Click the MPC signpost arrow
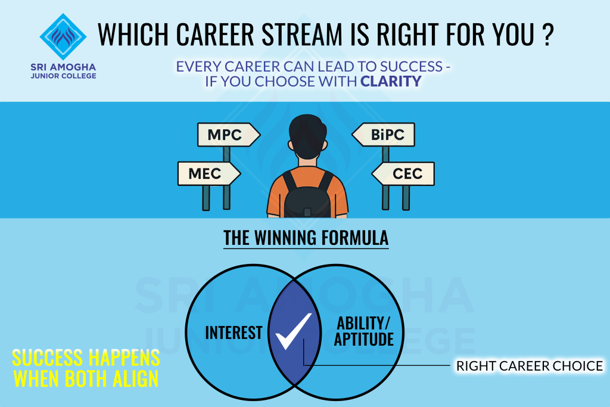click(x=229, y=135)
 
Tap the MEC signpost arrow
click(x=209, y=173)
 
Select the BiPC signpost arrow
click(x=383, y=135)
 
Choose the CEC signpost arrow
click(x=403, y=173)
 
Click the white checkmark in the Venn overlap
click(x=293, y=331)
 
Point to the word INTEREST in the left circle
click(x=234, y=333)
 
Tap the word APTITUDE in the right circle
click(x=364, y=339)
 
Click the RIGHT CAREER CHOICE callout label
click(x=530, y=366)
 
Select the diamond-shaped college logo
click(x=63, y=36)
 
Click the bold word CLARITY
click(x=391, y=81)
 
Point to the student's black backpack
click(x=307, y=194)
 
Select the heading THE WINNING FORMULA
click(x=306, y=238)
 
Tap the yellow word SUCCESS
click(x=48, y=358)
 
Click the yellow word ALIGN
click(x=135, y=378)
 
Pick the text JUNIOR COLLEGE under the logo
click(x=63, y=76)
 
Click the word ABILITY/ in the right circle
click(x=363, y=324)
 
